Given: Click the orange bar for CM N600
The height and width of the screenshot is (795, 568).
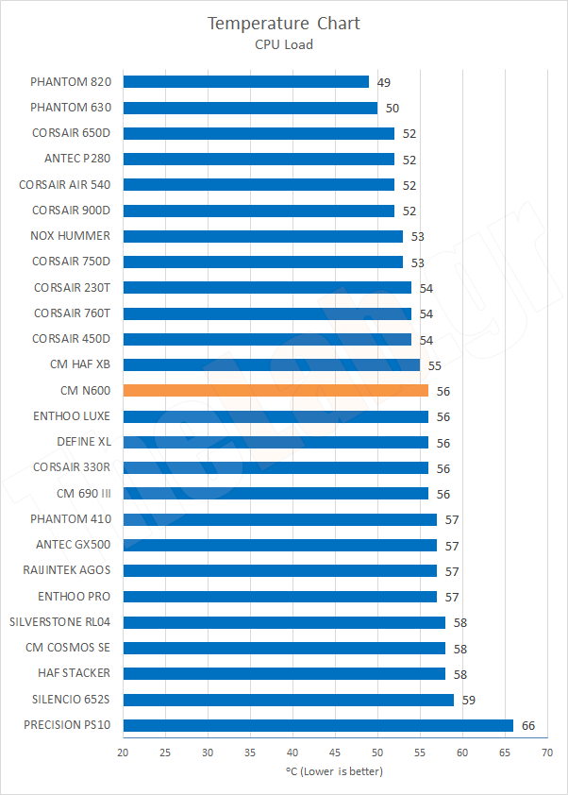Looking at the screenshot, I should pos(276,390).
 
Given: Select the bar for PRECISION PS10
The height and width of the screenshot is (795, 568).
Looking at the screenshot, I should pos(318,725).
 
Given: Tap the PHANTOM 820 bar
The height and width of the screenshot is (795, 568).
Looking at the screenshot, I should pos(245,82).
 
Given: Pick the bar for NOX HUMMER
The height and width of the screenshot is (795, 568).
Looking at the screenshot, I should pos(262,236).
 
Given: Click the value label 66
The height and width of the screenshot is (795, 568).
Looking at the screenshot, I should pos(529,725).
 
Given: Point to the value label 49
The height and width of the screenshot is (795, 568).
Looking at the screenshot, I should pos(384,83).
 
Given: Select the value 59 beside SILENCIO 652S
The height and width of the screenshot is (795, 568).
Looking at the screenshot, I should pos(469,700).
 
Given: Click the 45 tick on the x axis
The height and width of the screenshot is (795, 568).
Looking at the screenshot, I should pos(335,753).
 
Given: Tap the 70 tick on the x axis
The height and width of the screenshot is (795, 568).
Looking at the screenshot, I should pos(546,753).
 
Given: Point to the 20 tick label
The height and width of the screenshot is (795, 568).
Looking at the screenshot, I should pos(123,753).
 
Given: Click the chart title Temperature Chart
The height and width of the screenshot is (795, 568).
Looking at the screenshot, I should pos(284,23).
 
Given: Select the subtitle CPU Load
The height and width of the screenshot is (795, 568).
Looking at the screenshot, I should pos(284,43).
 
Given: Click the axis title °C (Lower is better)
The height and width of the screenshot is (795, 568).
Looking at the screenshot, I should pos(334,771).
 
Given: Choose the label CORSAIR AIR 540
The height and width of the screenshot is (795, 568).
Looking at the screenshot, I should pos(64,184).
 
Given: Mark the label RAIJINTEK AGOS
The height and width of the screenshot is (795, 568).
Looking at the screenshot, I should pos(67,570).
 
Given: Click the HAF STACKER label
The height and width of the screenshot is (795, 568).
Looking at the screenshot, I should pos(74,673).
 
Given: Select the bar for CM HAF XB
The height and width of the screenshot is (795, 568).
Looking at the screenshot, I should pos(271,364).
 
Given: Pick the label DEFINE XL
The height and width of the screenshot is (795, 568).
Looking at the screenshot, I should pos(83,442).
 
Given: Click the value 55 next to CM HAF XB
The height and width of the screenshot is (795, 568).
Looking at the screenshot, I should pos(435,365).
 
